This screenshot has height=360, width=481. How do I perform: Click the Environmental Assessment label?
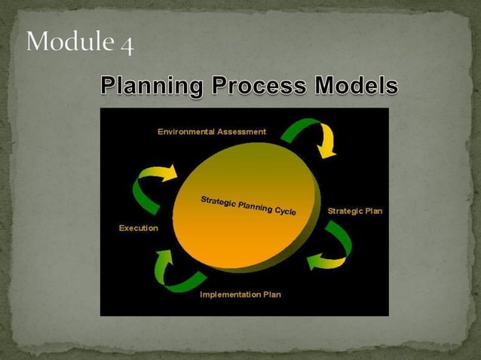[x=212, y=131]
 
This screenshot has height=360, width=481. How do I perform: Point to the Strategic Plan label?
[x=354, y=211]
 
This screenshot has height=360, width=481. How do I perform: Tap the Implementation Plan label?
[x=240, y=294]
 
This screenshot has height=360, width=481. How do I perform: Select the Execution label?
[x=139, y=228]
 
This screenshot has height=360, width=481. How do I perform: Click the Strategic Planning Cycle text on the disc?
[x=248, y=205]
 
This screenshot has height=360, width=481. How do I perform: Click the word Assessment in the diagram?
[x=241, y=131]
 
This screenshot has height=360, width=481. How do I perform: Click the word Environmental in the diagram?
[x=185, y=131]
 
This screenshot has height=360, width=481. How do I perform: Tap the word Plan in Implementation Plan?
[x=271, y=294]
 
